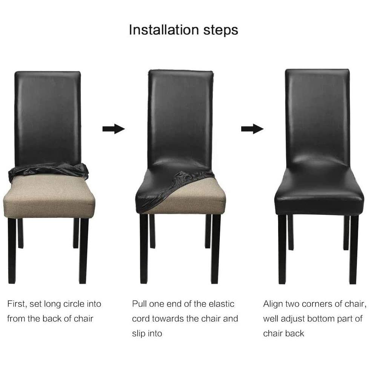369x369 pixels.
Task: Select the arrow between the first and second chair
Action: pyautogui.click(x=113, y=129)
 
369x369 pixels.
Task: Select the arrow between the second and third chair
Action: pyautogui.click(x=252, y=129)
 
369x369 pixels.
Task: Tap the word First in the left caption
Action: pyautogui.click(x=17, y=304)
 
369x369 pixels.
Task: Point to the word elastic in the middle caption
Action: pyautogui.click(x=222, y=304)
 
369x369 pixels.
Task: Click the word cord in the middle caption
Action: pyautogui.click(x=141, y=318)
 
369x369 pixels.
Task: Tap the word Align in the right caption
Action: pyautogui.click(x=273, y=304)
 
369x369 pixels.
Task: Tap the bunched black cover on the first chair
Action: pyautogui.click(x=48, y=171)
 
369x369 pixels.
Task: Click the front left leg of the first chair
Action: pyautogui.click(x=12, y=251)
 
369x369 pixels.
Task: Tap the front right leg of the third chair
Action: pyautogui.click(x=354, y=250)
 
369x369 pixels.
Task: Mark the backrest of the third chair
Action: pyautogui.click(x=317, y=118)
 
